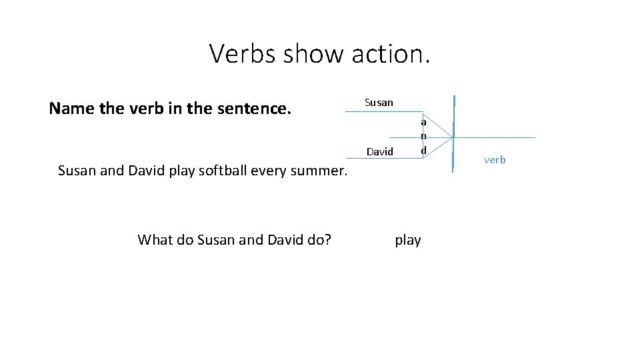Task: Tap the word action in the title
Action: pyautogui.click(x=389, y=53)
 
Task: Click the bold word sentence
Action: pyautogui.click(x=260, y=108)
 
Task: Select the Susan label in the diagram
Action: pyautogui.click(x=379, y=103)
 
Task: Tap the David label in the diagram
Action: pyautogui.click(x=380, y=152)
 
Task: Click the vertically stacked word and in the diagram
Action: pyautogui.click(x=423, y=136)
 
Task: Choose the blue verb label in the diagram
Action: pyautogui.click(x=494, y=160)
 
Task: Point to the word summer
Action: pyautogui.click(x=323, y=170)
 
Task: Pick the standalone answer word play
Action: pyautogui.click(x=407, y=240)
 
